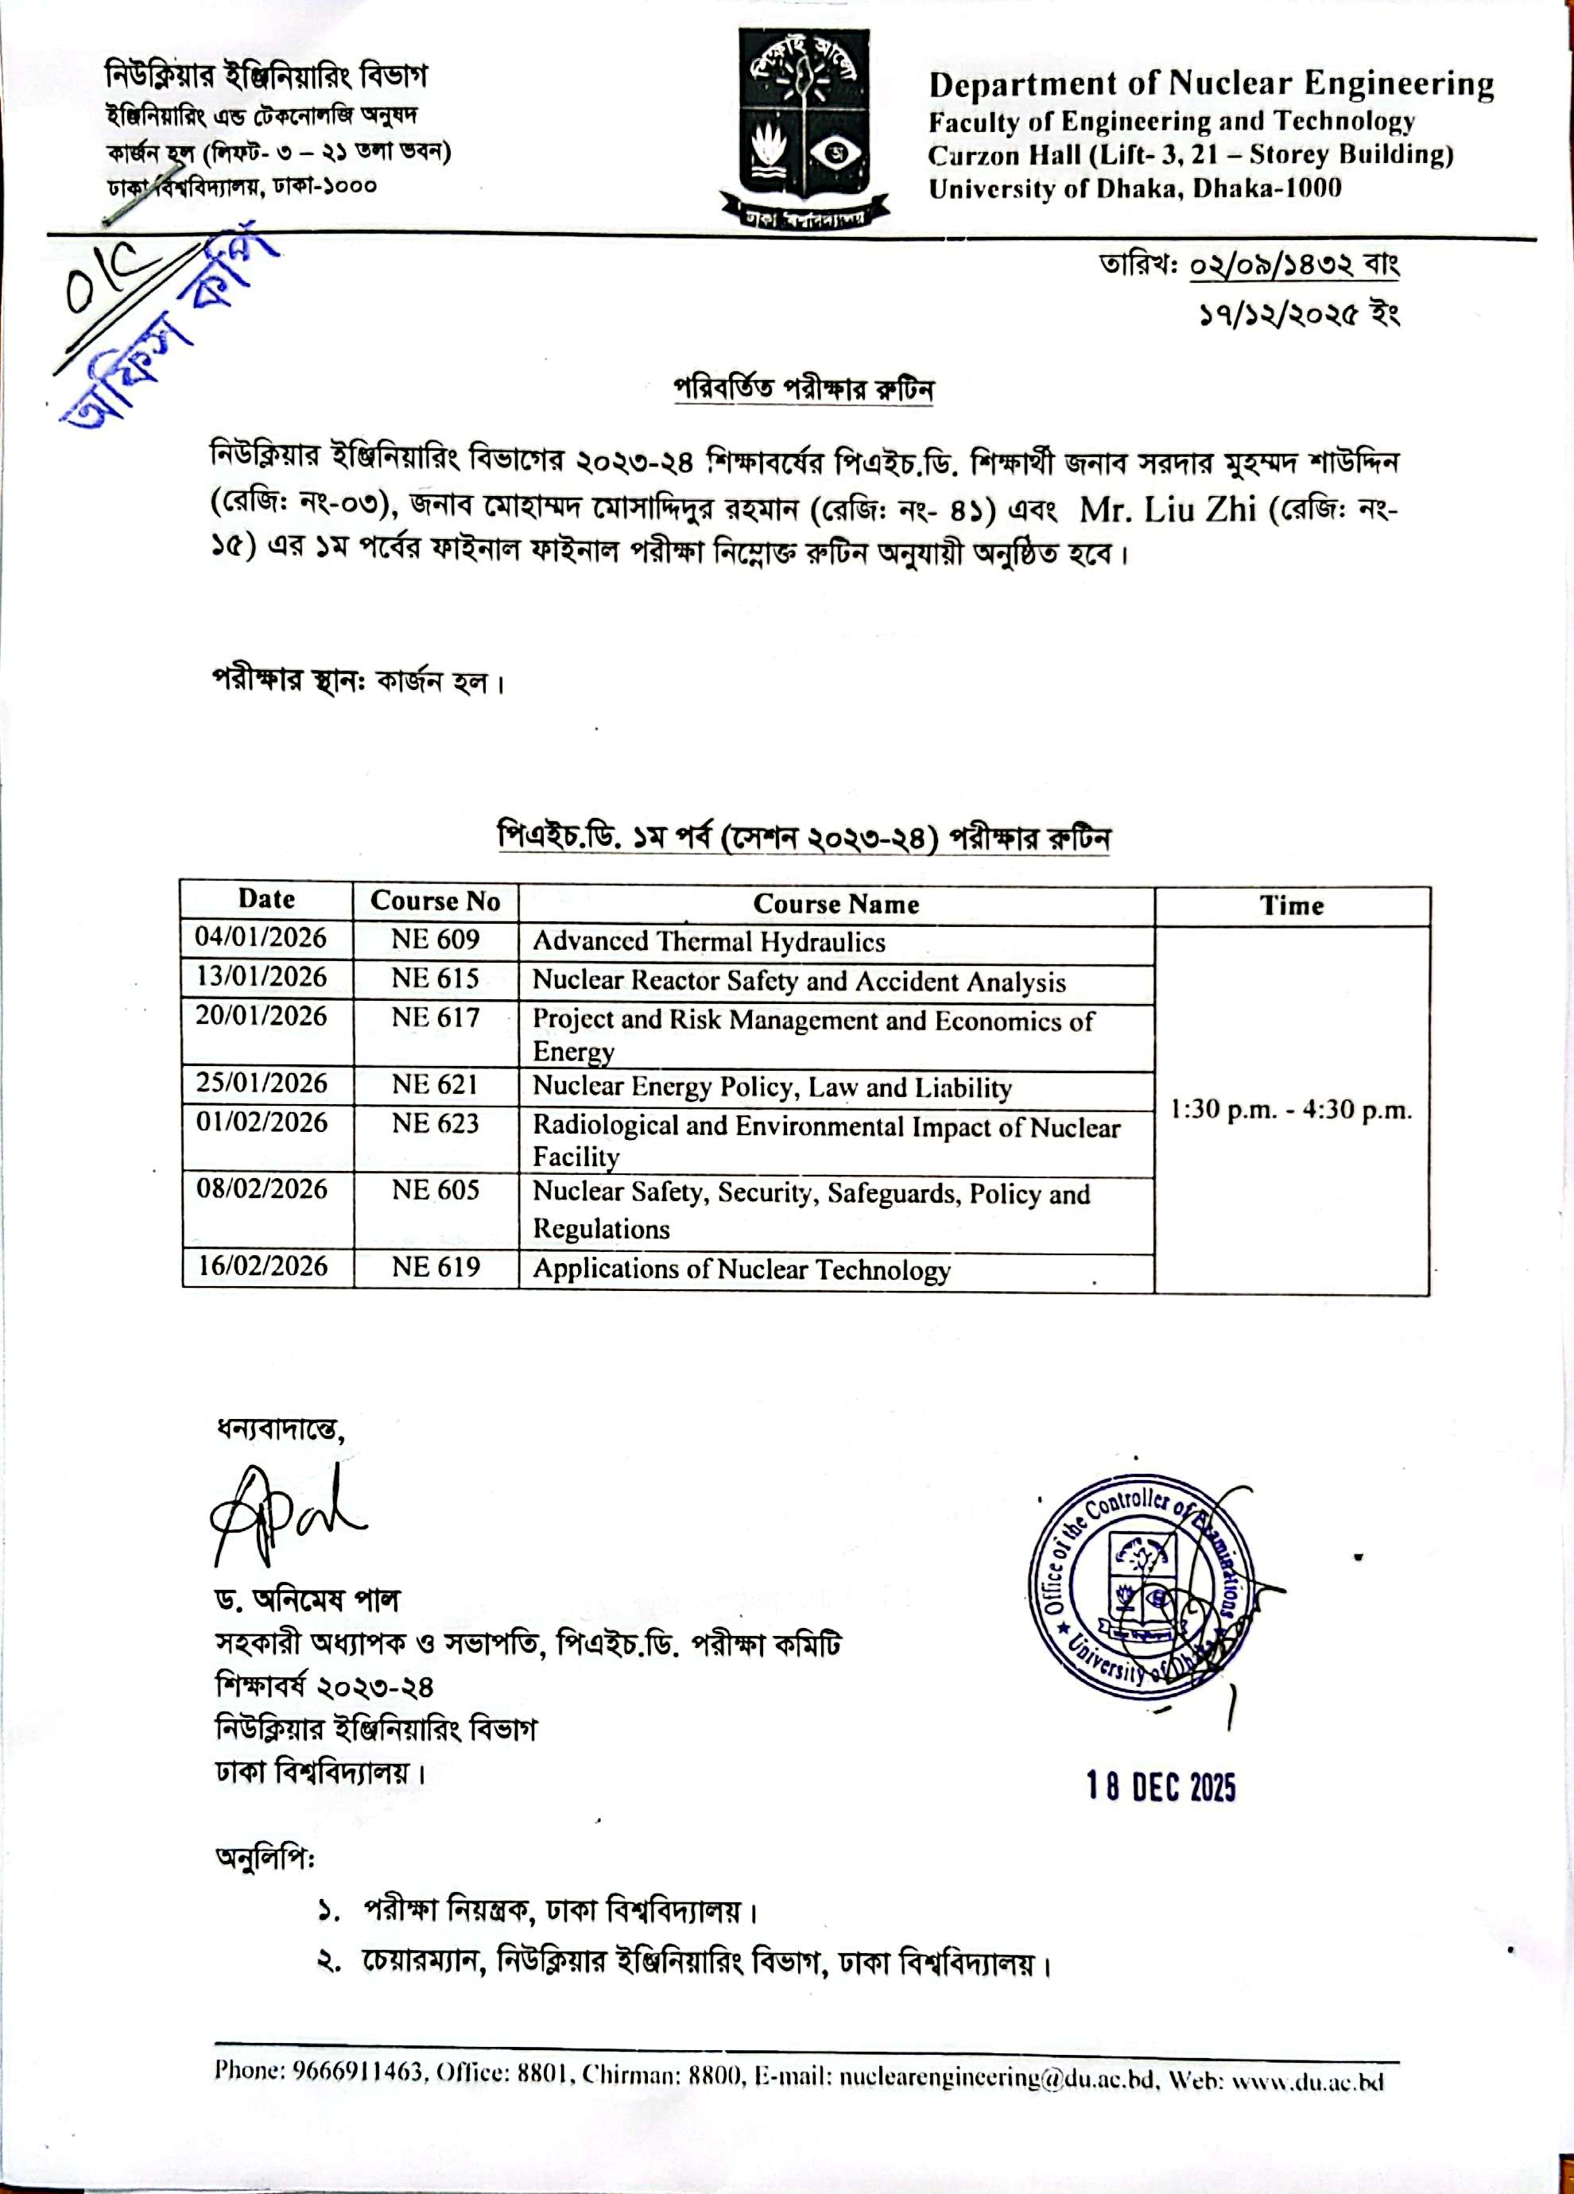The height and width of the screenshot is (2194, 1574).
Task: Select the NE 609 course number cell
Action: (436, 940)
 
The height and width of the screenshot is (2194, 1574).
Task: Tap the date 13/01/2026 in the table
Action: (262, 977)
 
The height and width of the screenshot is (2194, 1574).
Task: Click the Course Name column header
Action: (835, 904)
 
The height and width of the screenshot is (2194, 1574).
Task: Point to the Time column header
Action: (1292, 905)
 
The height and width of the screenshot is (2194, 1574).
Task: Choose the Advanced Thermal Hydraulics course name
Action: (708, 941)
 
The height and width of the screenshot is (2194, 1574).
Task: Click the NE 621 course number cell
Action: (436, 1084)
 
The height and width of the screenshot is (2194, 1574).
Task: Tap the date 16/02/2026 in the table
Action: (262, 1266)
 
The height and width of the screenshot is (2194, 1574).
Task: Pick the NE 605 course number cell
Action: (436, 1190)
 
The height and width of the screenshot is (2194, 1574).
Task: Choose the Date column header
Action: (266, 899)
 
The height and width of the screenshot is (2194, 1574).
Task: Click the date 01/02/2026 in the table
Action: (262, 1122)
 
